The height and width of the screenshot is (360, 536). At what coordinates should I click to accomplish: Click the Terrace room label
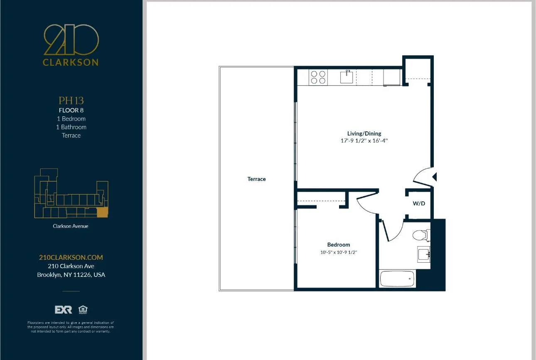pyautogui.click(x=256, y=179)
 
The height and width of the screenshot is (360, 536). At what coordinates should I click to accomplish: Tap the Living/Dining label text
pyautogui.click(x=364, y=133)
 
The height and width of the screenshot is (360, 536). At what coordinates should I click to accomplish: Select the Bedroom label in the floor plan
pyautogui.click(x=338, y=245)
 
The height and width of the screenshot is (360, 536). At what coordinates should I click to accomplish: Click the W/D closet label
pyautogui.click(x=419, y=204)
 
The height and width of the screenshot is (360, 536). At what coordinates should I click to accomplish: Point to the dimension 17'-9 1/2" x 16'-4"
pyautogui.click(x=364, y=141)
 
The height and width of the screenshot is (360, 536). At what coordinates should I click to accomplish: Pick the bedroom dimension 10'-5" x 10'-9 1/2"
pyautogui.click(x=338, y=252)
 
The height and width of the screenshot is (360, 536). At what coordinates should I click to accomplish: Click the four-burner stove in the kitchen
pyautogui.click(x=318, y=77)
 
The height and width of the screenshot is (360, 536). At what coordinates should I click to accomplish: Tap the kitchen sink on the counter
pyautogui.click(x=347, y=77)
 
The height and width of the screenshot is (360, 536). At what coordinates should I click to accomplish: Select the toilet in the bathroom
pyautogui.click(x=420, y=235)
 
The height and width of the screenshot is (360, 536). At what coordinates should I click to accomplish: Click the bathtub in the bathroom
pyautogui.click(x=397, y=279)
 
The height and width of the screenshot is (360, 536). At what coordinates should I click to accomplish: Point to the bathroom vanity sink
pyautogui.click(x=424, y=254)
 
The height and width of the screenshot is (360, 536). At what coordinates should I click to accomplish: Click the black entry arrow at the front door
pyautogui.click(x=435, y=177)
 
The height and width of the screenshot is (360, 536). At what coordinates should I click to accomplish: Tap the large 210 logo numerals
pyautogui.click(x=71, y=40)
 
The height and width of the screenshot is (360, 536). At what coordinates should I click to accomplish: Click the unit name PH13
pyautogui.click(x=71, y=101)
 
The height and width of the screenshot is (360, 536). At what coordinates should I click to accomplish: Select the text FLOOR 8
pyautogui.click(x=71, y=110)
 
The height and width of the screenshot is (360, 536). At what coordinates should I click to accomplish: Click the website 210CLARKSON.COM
pyautogui.click(x=71, y=257)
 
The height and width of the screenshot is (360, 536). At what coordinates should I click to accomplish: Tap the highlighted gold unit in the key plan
pyautogui.click(x=102, y=212)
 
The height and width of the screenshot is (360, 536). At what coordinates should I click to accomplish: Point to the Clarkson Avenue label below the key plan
pyautogui.click(x=71, y=226)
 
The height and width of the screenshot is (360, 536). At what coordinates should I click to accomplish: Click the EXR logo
pyautogui.click(x=63, y=310)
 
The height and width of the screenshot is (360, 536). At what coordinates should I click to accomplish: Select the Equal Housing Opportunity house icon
pyautogui.click(x=83, y=310)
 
